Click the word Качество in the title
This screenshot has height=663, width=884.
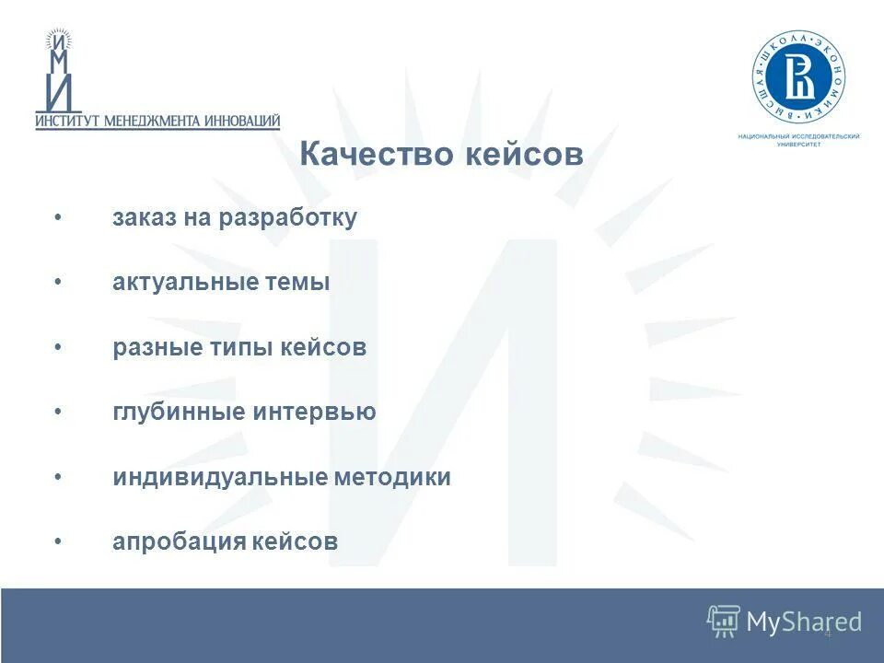(373, 154)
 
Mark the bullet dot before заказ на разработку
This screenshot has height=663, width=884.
(59, 218)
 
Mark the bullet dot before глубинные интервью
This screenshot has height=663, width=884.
(59, 413)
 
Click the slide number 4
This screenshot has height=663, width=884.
(827, 634)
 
